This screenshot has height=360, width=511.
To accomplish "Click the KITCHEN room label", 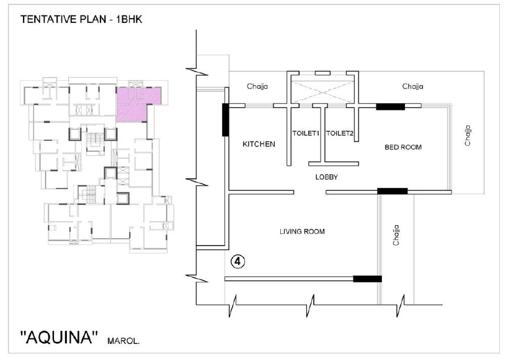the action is pyautogui.click(x=259, y=144).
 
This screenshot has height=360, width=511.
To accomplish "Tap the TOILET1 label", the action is pyautogui.click(x=306, y=133).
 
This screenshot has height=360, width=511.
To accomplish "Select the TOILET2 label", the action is pyautogui.click(x=340, y=133).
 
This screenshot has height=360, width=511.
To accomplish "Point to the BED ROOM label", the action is pyautogui.click(x=403, y=147).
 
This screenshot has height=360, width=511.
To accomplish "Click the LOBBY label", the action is pyautogui.click(x=327, y=177).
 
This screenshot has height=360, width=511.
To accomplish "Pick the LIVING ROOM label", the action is pyautogui.click(x=302, y=232).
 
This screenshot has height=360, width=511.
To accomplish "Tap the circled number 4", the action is pyautogui.click(x=238, y=261).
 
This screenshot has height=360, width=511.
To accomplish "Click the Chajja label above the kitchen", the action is pyautogui.click(x=257, y=86).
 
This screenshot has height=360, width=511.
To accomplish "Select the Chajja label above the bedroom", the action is pyautogui.click(x=412, y=86).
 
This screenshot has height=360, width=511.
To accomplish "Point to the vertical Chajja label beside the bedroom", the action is pyautogui.click(x=468, y=135).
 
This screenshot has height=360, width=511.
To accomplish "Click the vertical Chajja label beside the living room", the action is pyautogui.click(x=396, y=235).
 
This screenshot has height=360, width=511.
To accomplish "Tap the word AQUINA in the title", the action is pyautogui.click(x=59, y=337).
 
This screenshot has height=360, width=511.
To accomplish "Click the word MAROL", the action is pyautogui.click(x=123, y=342).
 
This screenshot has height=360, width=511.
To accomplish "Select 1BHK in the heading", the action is pyautogui.click(x=129, y=19).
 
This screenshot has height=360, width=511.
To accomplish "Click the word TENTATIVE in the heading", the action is pyautogui.click(x=49, y=19).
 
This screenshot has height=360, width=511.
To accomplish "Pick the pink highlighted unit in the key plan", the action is pyautogui.click(x=135, y=102).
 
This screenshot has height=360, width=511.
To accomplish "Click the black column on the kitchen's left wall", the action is pyautogui.click(x=225, y=120).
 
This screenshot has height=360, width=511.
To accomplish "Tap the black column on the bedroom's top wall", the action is pyautogui.click(x=391, y=107).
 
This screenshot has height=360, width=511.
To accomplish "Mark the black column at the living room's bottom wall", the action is pyautogui.click(x=367, y=279).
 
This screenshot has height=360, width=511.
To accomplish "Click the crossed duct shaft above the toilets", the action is pyautogui.click(x=322, y=92).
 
